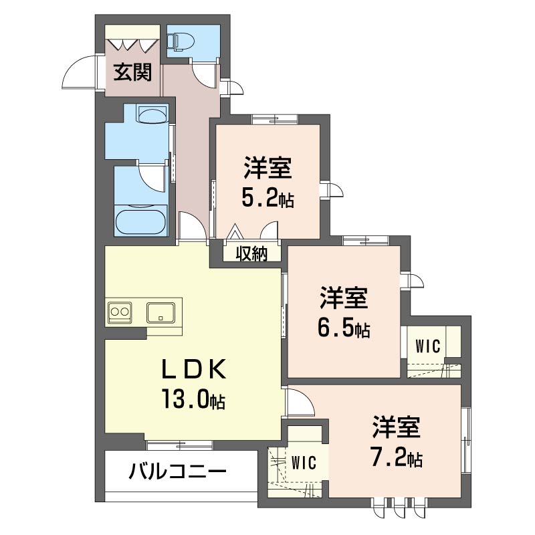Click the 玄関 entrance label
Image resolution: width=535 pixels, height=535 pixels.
[x=132, y=72]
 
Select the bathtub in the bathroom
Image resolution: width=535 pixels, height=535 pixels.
[x=140, y=222]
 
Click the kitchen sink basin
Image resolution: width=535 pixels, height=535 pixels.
[x=160, y=312]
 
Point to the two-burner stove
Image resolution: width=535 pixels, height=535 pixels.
[x=120, y=312]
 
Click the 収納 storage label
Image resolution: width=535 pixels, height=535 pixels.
[x=252, y=253]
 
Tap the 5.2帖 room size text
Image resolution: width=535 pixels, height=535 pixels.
[x=268, y=199]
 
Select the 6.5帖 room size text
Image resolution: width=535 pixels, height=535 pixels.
[x=344, y=328]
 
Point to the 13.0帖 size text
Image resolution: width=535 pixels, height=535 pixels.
[x=193, y=399]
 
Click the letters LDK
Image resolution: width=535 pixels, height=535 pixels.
[x=193, y=369]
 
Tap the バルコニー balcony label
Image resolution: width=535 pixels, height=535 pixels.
[x=177, y=473]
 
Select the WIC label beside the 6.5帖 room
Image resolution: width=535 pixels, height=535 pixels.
[x=428, y=346]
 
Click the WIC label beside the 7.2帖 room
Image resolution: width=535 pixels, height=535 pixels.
[x=304, y=463]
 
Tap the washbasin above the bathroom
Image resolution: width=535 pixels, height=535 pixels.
[x=152, y=114]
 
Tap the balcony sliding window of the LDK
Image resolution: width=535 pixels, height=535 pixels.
[x=179, y=445]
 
